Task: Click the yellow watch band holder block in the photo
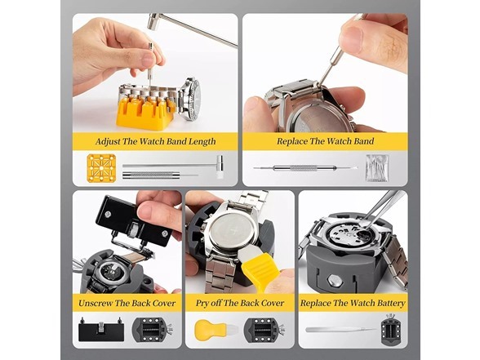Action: coord(143,112)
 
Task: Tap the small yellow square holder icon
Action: coord(101,167)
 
